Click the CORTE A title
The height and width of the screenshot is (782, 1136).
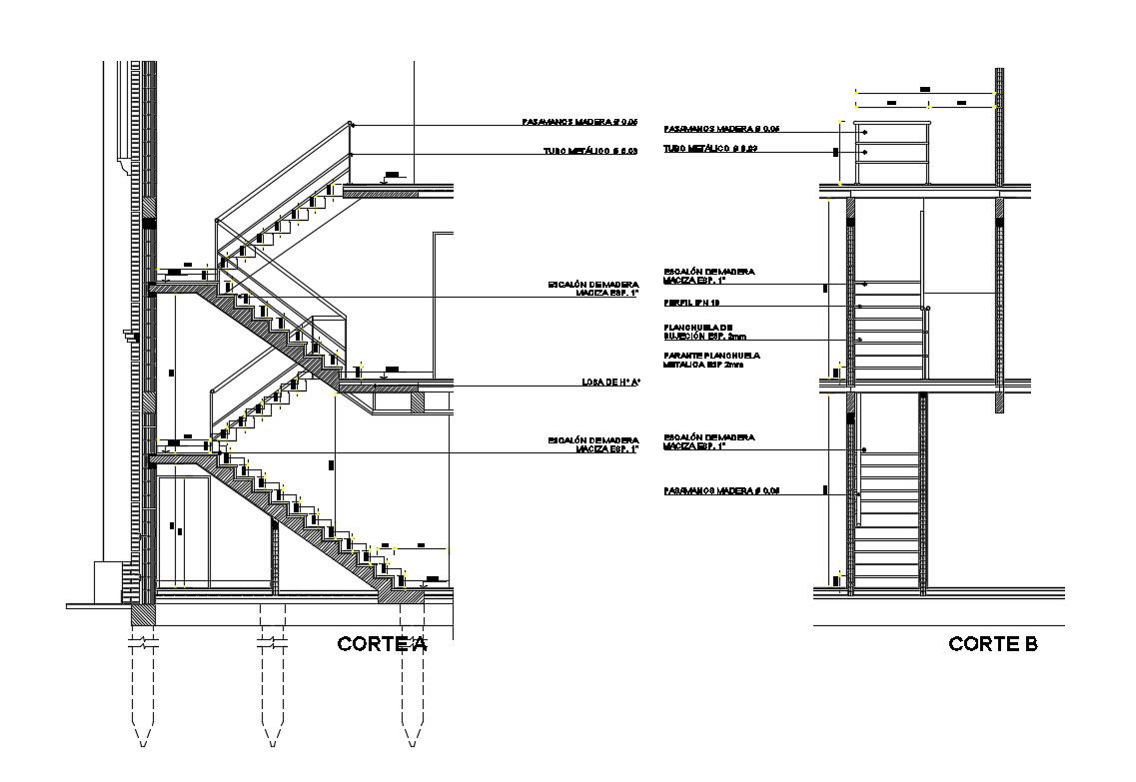[382, 644]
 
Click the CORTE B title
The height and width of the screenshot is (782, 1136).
[992, 644]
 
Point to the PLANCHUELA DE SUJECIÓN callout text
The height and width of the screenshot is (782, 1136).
[699, 333]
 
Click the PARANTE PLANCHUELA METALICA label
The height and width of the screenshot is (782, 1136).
[711, 361]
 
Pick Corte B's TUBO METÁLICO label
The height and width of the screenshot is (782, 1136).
[711, 149]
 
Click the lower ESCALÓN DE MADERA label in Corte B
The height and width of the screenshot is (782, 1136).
[708, 441]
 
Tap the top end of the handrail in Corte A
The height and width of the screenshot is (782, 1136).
[351, 124]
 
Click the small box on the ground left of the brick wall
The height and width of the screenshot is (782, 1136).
[107, 581]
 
